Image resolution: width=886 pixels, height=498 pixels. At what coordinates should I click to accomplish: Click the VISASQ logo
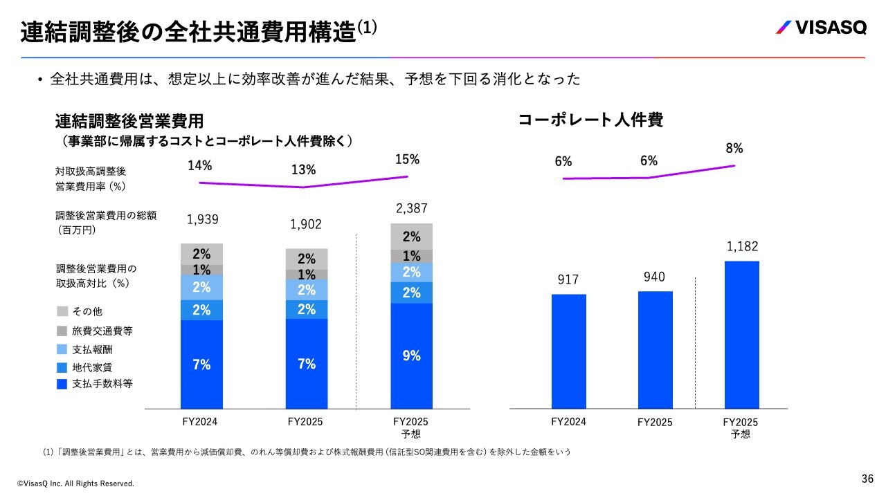pos(821,28)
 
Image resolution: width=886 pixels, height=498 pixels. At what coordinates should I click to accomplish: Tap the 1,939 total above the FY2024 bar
pos(203,219)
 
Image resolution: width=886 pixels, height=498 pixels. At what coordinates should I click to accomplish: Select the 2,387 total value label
pos(412,207)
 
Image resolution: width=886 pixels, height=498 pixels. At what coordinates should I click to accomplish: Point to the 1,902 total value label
pos(307,224)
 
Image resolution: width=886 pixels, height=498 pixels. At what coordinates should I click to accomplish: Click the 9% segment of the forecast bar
pos(412,356)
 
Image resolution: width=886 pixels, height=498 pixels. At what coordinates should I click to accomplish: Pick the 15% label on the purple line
pos(407,159)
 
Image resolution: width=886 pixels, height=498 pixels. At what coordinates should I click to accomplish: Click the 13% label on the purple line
pos(303,169)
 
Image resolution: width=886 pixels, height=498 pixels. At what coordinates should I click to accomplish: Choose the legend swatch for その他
pos(62,312)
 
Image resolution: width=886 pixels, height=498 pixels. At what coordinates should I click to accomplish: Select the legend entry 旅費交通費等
pos(102,331)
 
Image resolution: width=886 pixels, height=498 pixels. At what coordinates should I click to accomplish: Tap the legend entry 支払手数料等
pos(102,384)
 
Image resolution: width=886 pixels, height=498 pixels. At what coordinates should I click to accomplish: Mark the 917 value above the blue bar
pos(568,279)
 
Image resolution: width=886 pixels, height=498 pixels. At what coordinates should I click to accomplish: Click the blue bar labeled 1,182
pos(742,335)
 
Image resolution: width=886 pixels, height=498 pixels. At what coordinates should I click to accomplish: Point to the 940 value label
pos(654,277)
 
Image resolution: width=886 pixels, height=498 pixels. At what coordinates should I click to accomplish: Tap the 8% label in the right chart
pos(734,148)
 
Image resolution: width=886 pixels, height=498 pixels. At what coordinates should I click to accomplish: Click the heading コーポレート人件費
pos(590,120)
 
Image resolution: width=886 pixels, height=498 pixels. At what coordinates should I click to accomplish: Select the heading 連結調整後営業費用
pos(129,122)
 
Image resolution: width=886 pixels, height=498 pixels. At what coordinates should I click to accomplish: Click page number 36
pos(867,479)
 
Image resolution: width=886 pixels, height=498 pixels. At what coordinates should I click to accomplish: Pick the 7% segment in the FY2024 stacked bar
pos(201,364)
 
